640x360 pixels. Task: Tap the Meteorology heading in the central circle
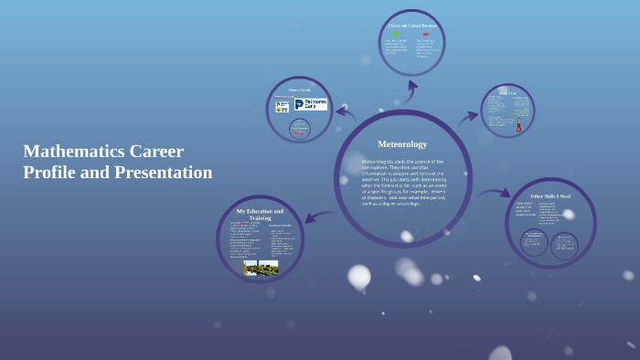point(402,144)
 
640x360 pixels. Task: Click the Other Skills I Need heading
point(550,196)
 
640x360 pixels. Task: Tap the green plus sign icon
point(396,34)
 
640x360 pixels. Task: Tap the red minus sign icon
point(425,34)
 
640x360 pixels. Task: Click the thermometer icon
point(517,124)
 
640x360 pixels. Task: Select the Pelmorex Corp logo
point(309,105)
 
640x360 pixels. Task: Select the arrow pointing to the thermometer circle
point(467,116)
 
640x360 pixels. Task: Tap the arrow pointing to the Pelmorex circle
point(346,113)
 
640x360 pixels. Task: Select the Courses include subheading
point(280,225)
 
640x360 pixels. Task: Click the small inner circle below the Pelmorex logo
point(298,129)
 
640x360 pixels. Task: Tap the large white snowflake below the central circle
point(359,276)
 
